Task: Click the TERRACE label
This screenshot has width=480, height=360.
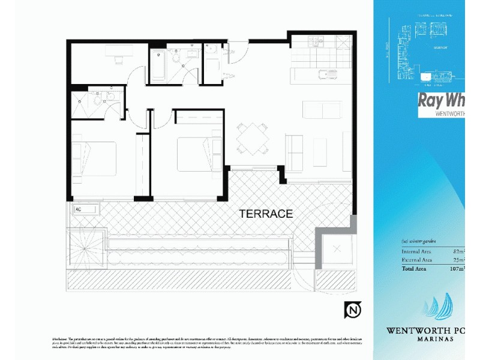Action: click(x=266, y=213)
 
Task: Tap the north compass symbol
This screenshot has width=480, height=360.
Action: click(x=352, y=310)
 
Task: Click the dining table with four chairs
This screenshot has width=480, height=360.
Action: click(x=252, y=138)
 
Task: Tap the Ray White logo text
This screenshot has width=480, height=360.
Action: click(x=441, y=100)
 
